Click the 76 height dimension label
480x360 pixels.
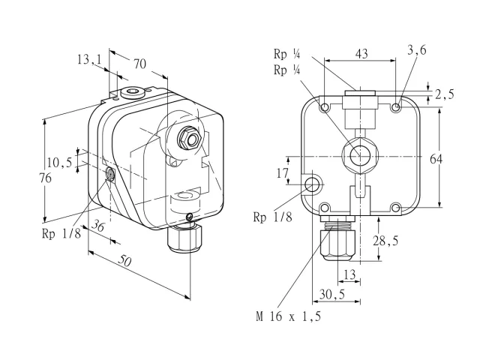(46, 178)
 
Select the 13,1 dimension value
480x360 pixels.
(89, 59)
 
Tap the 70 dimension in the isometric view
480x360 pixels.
(139, 64)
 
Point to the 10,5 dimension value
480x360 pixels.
(60, 162)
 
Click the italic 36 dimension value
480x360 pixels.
(98, 226)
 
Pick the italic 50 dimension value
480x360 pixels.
(125, 261)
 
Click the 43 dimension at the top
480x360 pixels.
(361, 54)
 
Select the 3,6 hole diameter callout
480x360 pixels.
(417, 50)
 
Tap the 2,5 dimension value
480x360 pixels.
(444, 94)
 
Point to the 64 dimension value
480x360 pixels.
(436, 159)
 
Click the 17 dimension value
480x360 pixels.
(282, 173)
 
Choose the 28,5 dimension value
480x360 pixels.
(385, 241)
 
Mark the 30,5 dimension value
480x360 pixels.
(332, 295)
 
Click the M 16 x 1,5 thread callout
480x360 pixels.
(289, 316)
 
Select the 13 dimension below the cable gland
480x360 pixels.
(349, 274)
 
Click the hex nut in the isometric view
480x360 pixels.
(189, 139)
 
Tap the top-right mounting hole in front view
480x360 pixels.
(396, 107)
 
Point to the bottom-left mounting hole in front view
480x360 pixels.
(325, 208)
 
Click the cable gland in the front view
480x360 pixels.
(337, 238)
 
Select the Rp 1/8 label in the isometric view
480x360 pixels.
(61, 233)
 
